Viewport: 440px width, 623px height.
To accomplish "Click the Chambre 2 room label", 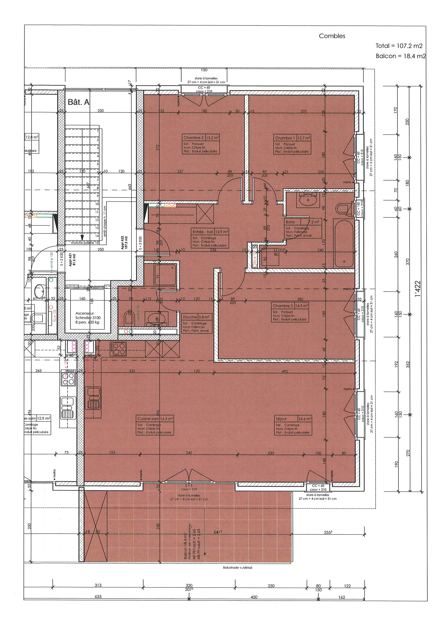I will click(x=194, y=137).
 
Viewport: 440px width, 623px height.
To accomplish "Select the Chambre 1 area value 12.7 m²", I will click(x=304, y=137).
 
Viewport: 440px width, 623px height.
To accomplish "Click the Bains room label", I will click(x=290, y=222).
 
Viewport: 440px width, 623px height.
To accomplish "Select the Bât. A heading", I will click(x=78, y=102).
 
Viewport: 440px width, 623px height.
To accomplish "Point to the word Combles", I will click(x=332, y=36).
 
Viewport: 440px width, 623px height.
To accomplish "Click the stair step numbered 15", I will click(x=97, y=243).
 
